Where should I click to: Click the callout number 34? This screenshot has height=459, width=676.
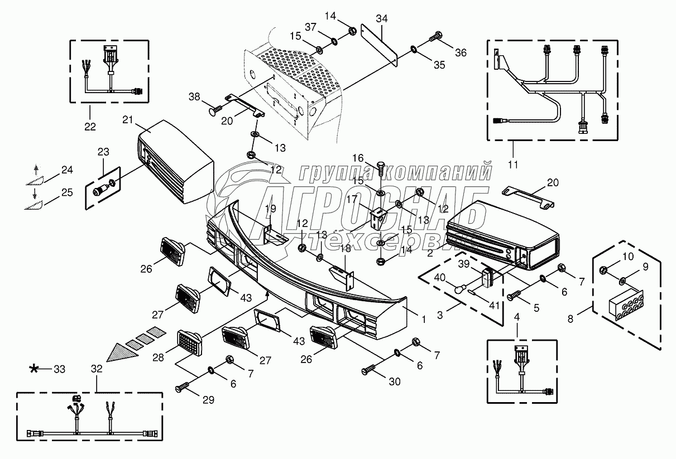(381, 19)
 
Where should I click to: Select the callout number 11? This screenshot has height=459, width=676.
(513, 164)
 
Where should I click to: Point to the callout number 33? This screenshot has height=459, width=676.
(59, 369)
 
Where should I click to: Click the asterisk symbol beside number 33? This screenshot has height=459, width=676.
(35, 369)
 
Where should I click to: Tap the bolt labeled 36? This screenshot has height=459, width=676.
(436, 38)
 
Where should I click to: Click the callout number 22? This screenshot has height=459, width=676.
(90, 127)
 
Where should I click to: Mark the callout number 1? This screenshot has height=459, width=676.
(424, 320)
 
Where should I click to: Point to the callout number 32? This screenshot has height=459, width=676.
(97, 369)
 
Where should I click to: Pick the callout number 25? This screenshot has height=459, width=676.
(67, 193)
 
